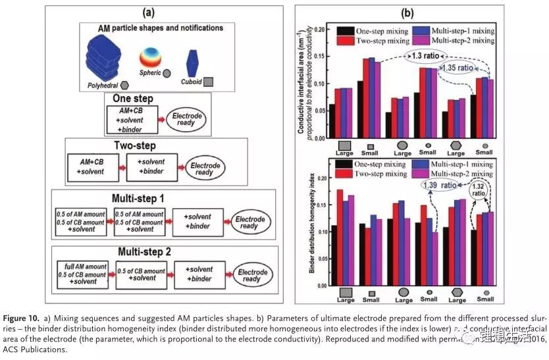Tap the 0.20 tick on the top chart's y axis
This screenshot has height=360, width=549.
[321, 30]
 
